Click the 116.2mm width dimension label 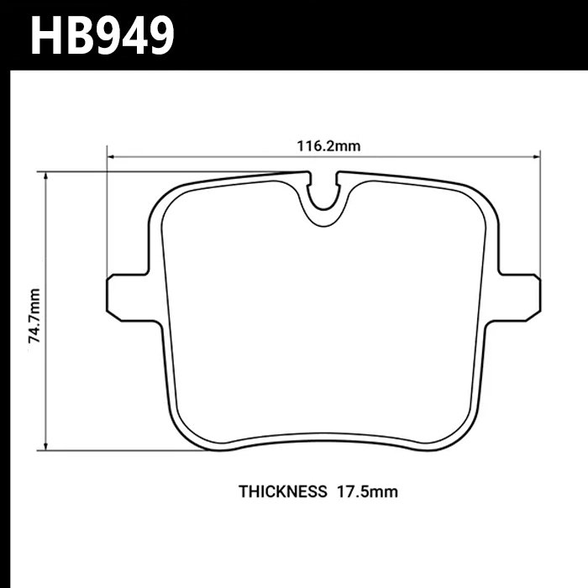[328, 145]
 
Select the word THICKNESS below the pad [282, 492]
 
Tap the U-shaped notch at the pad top [324, 202]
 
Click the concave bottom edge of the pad [323, 435]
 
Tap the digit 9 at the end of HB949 [156, 35]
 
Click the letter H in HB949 [48, 35]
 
